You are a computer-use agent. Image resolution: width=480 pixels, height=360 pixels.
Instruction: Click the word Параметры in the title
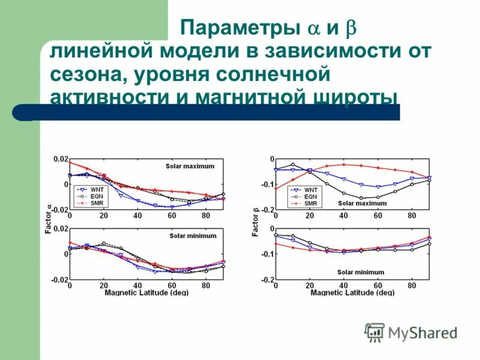tap(239, 28)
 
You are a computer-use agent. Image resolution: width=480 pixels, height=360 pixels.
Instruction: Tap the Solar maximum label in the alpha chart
tap(190, 166)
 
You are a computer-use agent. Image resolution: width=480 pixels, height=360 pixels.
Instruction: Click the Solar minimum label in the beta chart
tap(361, 272)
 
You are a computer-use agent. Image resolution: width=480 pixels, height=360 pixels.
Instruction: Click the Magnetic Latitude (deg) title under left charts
tap(146, 293)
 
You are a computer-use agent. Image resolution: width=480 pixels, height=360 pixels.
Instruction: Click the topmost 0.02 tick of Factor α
tap(61, 159)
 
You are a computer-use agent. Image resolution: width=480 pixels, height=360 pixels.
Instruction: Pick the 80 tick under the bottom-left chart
tap(206, 286)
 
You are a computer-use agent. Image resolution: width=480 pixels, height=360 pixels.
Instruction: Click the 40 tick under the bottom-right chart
tap(344, 286)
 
